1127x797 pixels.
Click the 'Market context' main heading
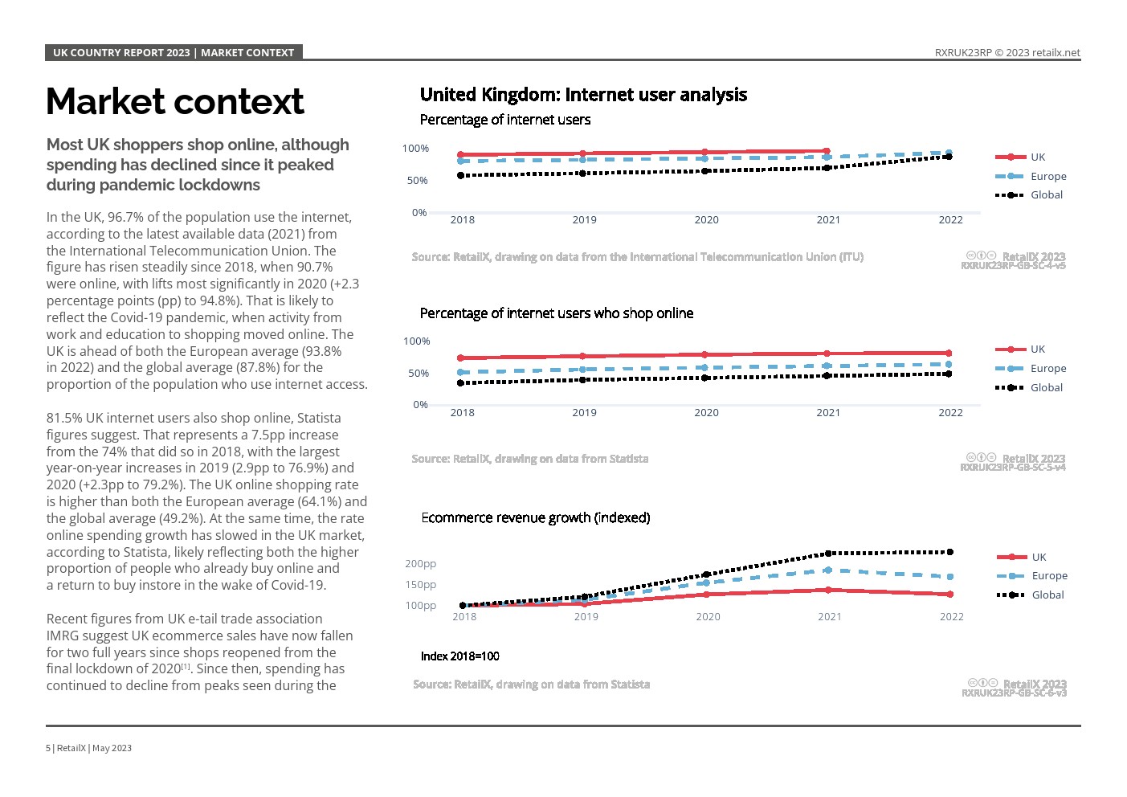(x=174, y=102)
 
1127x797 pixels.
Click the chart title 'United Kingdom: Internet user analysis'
(x=583, y=95)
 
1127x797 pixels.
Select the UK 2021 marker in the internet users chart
(x=827, y=151)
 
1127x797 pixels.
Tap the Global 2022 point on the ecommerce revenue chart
(x=950, y=552)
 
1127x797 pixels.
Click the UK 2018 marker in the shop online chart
(x=460, y=358)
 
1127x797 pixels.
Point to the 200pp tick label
(x=421, y=563)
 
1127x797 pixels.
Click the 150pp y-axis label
(x=421, y=585)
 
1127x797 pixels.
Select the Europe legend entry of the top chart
(x=1031, y=176)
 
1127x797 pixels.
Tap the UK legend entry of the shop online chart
(x=1020, y=349)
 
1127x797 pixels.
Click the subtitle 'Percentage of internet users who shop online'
(x=557, y=313)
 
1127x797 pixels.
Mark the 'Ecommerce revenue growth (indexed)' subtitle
(x=535, y=517)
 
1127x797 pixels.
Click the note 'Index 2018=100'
(x=459, y=656)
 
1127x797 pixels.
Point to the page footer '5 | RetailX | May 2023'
(x=88, y=748)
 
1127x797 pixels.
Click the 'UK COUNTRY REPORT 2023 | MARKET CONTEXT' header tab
(x=174, y=52)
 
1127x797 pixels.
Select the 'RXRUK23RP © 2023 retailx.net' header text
(x=1007, y=52)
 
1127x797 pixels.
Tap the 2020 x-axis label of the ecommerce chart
(x=708, y=617)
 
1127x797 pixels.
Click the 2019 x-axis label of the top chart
(x=584, y=220)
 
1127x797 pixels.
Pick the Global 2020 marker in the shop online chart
(x=705, y=378)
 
